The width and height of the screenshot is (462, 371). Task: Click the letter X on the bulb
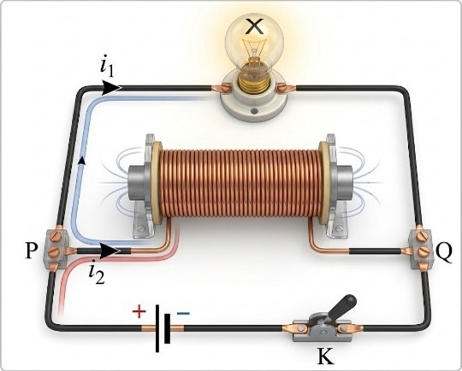tap(255, 26)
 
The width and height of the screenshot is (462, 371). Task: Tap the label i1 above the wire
tap(107, 69)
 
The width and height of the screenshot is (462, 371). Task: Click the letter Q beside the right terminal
tap(443, 255)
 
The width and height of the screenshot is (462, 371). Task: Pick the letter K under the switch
tap(326, 356)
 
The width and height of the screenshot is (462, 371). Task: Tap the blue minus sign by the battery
tap(183, 313)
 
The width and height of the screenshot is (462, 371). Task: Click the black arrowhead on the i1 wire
tap(112, 87)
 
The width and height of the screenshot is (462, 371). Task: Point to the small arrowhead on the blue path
tap(83, 160)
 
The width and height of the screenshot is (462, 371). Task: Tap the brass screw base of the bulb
tap(254, 82)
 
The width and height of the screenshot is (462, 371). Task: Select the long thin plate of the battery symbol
tap(157, 328)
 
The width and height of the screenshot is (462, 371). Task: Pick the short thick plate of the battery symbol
tap(168, 328)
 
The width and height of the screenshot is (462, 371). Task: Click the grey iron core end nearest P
tap(137, 185)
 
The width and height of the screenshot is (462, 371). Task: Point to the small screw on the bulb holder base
tap(253, 112)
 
